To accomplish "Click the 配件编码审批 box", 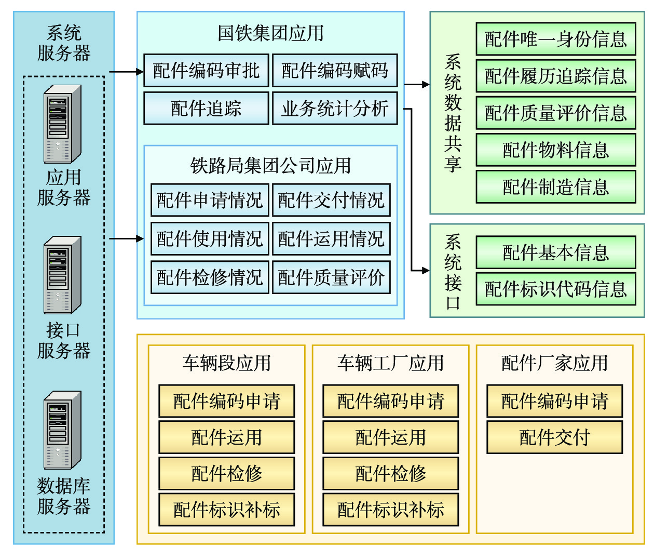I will click(206, 70).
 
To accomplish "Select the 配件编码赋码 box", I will click(335, 70).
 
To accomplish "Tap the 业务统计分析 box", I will click(335, 108).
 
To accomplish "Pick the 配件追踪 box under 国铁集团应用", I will click(206, 108).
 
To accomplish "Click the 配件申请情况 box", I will click(210, 200).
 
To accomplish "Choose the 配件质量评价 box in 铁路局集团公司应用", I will click(331, 277).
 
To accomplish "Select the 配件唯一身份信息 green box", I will click(555, 39).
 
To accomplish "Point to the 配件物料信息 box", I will click(555, 150).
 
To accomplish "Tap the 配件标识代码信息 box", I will click(555, 289).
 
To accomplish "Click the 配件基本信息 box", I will click(555, 252).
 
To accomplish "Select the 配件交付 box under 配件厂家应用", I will click(554, 437).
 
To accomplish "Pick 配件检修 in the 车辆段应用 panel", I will click(226, 473).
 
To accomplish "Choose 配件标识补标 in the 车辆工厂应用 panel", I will click(390, 510).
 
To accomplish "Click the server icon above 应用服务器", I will click(62, 124).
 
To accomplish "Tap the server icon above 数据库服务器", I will click(62, 430).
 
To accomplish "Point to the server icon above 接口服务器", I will click(62, 275).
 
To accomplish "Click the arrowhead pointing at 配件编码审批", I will click(140, 72).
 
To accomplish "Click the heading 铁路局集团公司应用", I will click(270, 166).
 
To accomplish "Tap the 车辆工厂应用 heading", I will click(390, 363).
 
